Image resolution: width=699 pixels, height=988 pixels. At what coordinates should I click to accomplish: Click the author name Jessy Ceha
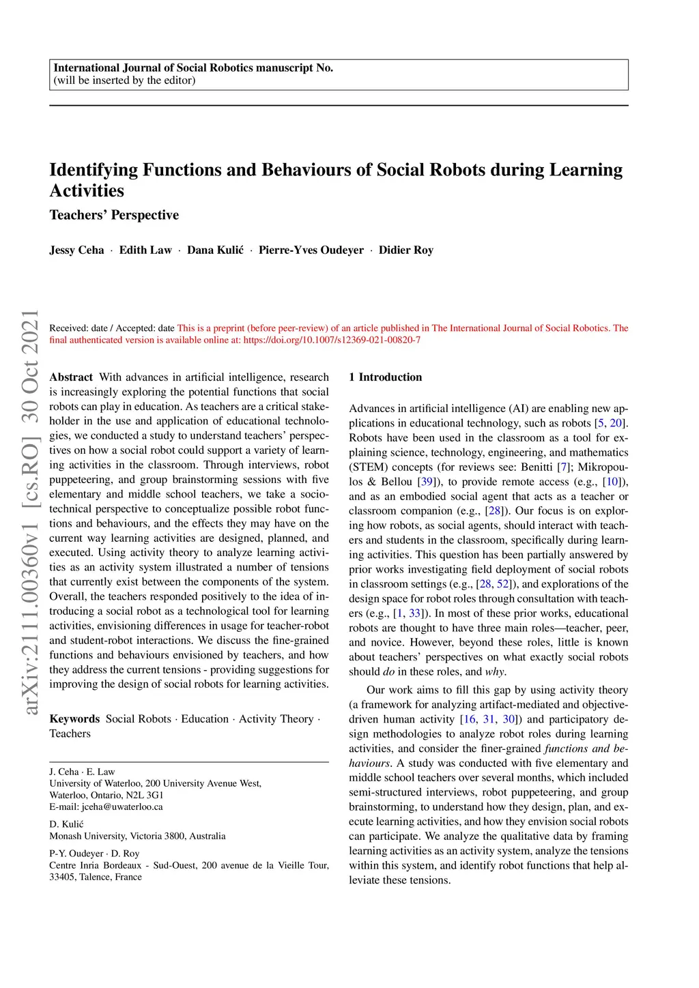[76, 250]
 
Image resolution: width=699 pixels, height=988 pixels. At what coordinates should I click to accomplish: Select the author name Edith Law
[145, 250]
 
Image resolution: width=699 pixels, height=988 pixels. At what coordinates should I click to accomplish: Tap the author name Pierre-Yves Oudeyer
[311, 250]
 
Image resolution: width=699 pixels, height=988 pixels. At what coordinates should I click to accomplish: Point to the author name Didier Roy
[406, 250]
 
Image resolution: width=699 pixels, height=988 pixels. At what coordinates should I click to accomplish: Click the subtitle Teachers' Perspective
[114, 215]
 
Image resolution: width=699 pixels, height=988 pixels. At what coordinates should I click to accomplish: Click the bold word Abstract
[71, 377]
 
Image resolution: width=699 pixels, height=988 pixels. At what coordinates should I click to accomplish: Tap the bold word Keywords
[74, 719]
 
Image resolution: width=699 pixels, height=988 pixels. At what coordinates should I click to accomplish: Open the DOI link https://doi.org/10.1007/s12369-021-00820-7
[332, 340]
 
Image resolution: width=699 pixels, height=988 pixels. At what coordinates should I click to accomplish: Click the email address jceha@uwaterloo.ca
[122, 807]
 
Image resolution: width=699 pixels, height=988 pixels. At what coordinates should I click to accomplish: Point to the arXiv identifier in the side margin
[30, 512]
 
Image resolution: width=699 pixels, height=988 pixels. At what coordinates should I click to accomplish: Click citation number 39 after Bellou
[427, 482]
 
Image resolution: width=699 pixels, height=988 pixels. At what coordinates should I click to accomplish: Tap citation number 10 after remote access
[612, 482]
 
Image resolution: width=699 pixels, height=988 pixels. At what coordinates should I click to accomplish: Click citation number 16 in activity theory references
[470, 719]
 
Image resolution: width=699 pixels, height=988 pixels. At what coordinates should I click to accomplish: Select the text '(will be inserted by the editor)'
[124, 81]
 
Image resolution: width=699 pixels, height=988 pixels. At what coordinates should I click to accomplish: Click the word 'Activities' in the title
[87, 191]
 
